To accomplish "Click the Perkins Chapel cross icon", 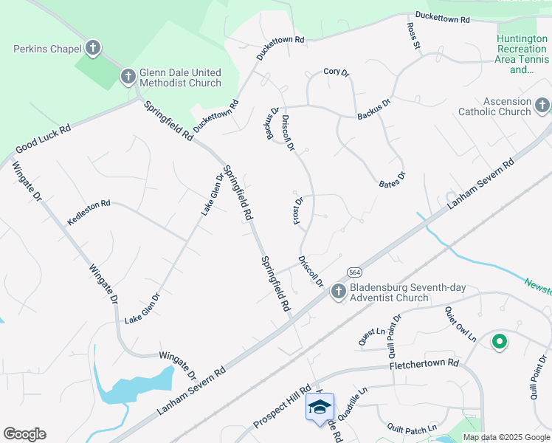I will tap(92, 49).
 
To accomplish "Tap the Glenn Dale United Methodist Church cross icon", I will tap(128, 75).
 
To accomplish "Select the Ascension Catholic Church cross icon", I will tap(542, 104).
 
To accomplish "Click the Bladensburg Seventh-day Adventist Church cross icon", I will tap(339, 292).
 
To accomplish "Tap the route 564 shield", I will tap(355, 271).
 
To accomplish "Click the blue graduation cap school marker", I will tap(320, 407).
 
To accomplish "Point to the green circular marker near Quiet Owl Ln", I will tap(499, 341).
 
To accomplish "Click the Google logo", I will tap(24, 434).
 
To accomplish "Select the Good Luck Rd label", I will tap(43, 138).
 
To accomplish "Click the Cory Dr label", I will tap(335, 72).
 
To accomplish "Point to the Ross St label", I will tap(413, 36).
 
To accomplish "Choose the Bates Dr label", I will tap(392, 179).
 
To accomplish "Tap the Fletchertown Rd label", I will tap(424, 364).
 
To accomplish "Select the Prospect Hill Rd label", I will tap(283, 408).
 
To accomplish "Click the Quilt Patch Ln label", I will tap(412, 427).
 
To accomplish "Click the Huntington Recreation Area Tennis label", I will tap(522, 55).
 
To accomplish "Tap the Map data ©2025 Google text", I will tap(507, 437).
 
